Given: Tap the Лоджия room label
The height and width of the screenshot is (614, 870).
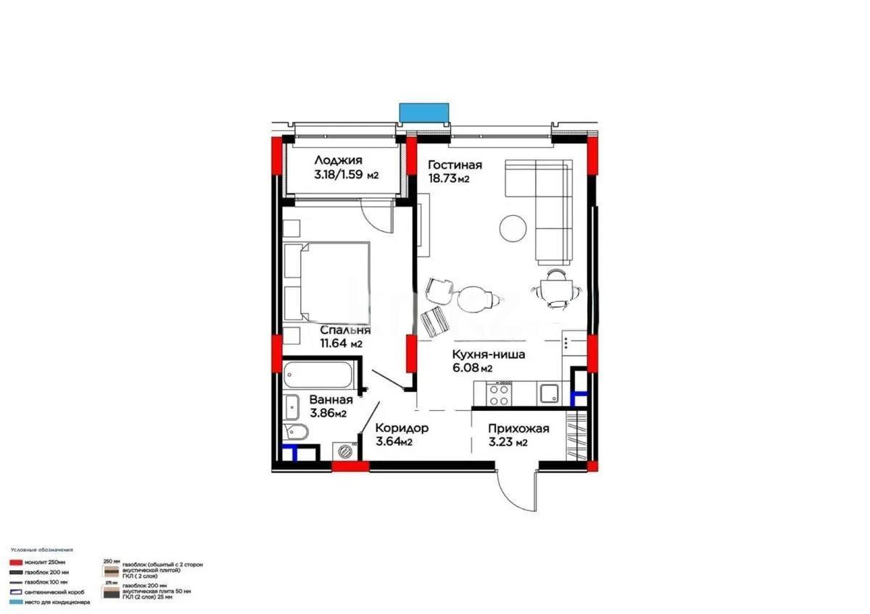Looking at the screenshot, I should (x=338, y=161).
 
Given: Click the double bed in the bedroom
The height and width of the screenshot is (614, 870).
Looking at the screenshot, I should (x=328, y=281).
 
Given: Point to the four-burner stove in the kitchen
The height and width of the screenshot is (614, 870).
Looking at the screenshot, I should (x=499, y=394).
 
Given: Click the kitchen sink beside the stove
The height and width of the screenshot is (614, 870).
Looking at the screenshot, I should (x=548, y=394).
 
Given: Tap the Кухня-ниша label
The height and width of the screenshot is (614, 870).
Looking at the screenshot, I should (x=488, y=355).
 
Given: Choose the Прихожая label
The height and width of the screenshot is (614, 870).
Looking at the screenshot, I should (x=518, y=428).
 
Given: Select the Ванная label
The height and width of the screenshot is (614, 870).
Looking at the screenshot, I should (x=331, y=399).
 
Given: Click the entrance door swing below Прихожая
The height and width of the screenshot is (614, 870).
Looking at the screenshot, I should (x=518, y=493).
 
